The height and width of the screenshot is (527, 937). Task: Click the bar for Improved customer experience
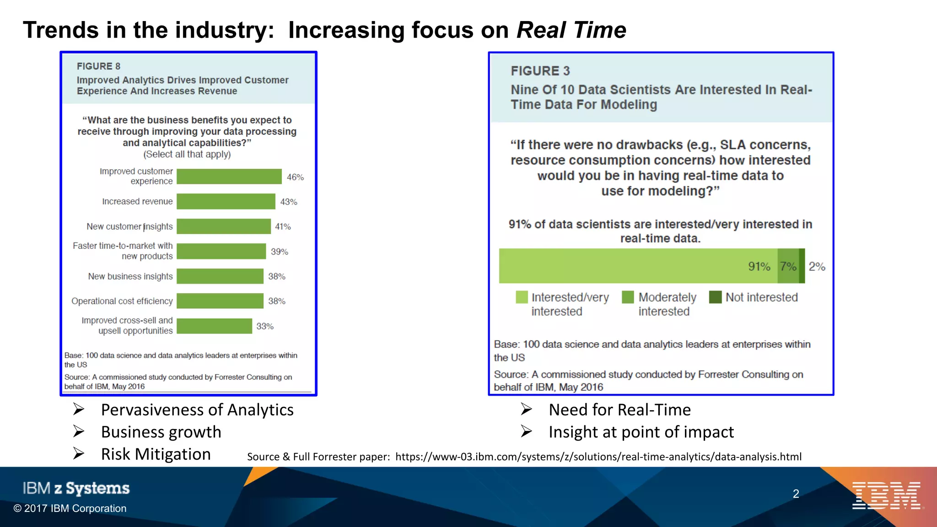[x=229, y=177]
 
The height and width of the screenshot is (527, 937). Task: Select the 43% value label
[x=289, y=202]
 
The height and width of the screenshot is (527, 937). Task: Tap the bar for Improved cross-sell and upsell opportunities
[x=214, y=326]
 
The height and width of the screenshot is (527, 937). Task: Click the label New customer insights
[x=129, y=226]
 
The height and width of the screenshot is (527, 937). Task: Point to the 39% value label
[x=280, y=252]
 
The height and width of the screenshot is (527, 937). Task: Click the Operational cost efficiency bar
[x=220, y=301]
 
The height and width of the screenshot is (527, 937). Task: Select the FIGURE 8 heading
[x=98, y=66]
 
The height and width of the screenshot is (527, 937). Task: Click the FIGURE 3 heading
[x=540, y=71]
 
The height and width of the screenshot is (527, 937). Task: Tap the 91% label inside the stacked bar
[x=759, y=266]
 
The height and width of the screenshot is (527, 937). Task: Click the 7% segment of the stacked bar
[x=788, y=266]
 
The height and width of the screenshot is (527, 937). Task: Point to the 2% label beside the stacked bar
[x=817, y=266]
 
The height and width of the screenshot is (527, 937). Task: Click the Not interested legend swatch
[x=715, y=297]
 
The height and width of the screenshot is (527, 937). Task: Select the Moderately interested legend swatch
[x=628, y=297]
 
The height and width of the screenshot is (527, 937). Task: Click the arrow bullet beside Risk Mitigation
[x=79, y=453]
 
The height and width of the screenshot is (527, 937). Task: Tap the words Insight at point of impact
[x=641, y=432]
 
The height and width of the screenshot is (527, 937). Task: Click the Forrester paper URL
[x=598, y=457]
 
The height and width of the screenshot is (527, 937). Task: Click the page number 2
[x=796, y=494]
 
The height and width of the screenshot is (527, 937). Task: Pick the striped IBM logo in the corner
[x=886, y=495]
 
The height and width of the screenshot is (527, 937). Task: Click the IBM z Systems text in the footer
[x=76, y=488]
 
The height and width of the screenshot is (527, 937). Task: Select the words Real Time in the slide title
[x=571, y=30]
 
